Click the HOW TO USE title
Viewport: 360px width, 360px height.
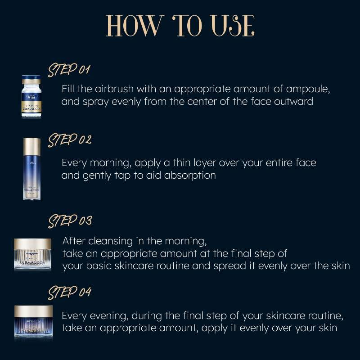(180, 26)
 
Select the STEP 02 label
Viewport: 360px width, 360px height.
(70, 139)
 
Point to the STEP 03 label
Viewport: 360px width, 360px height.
(70, 221)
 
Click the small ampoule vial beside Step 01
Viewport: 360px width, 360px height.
(31, 97)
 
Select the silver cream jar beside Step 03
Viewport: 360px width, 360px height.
(33, 254)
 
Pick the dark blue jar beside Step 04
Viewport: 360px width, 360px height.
(33, 323)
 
